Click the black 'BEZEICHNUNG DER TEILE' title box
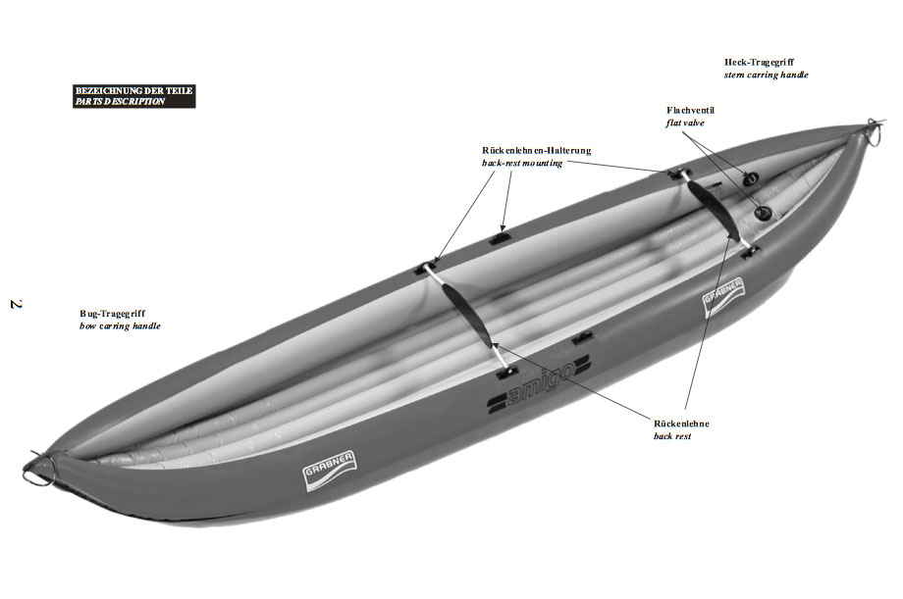point(134,96)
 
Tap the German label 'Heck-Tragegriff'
point(759,62)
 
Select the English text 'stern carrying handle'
point(766,75)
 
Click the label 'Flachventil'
point(690,110)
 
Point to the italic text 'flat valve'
point(685,123)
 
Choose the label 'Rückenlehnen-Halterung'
point(536,150)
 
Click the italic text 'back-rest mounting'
point(522,163)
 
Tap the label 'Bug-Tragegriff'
point(112,314)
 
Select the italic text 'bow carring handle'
point(120,326)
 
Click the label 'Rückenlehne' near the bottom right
point(681,424)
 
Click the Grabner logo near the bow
point(329,471)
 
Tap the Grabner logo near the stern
point(723,297)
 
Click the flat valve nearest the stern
point(751,178)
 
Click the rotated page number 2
point(16,304)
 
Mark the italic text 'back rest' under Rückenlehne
point(672,436)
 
